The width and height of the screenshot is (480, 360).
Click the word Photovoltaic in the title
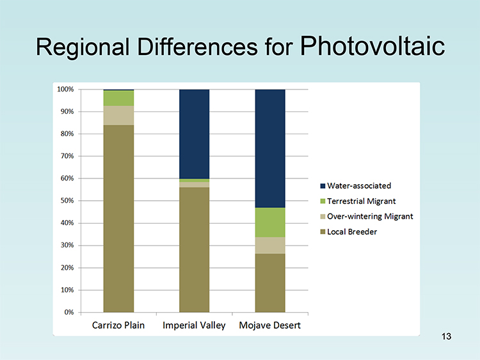[372, 46]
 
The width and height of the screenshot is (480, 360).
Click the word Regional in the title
[83, 47]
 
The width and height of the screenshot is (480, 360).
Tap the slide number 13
[446, 336]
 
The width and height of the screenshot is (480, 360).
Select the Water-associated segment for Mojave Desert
[270, 148]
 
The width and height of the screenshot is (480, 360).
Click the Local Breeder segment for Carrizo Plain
[118, 219]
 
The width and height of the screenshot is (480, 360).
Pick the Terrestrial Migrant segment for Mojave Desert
[270, 223]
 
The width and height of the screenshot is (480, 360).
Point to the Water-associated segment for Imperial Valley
[194, 134]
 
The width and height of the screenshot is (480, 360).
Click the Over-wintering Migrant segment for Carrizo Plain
[118, 115]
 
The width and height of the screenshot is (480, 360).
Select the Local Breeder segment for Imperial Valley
[194, 250]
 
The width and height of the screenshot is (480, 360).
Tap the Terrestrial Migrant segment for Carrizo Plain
[118, 98]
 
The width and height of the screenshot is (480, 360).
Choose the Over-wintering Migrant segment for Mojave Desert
[270, 246]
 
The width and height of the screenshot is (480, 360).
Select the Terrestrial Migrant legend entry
[358, 201]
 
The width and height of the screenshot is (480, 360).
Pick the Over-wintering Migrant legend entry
[367, 217]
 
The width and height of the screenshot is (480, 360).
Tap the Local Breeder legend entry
[348, 232]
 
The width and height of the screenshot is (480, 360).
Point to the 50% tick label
[67, 201]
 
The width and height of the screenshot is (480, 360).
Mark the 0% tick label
[69, 312]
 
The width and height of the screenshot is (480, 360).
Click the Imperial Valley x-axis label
[194, 325]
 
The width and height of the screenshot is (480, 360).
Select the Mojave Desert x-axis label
[269, 325]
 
